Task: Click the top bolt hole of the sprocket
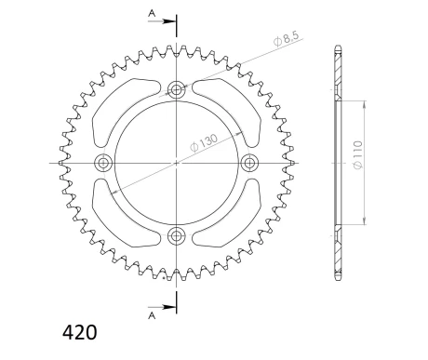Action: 176,90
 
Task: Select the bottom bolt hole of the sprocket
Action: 176,235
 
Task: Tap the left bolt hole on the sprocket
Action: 102,163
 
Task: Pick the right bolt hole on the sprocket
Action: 248,163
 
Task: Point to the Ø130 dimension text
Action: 204,140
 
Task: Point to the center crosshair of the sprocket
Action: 176,163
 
